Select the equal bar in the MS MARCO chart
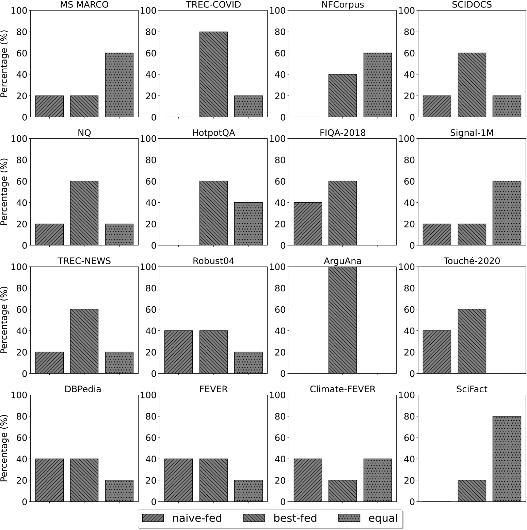119,85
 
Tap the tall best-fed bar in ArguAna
342,320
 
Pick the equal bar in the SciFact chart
507,459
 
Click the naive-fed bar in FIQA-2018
308,224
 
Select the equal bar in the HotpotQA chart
249,224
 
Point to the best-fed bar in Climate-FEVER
342,491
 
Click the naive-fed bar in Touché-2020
437,352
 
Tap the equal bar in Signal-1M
507,213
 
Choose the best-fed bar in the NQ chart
84,213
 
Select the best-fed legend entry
281,518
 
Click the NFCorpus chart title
342,4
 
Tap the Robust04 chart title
213,261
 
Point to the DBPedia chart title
83,389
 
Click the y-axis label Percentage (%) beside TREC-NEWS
4,320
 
